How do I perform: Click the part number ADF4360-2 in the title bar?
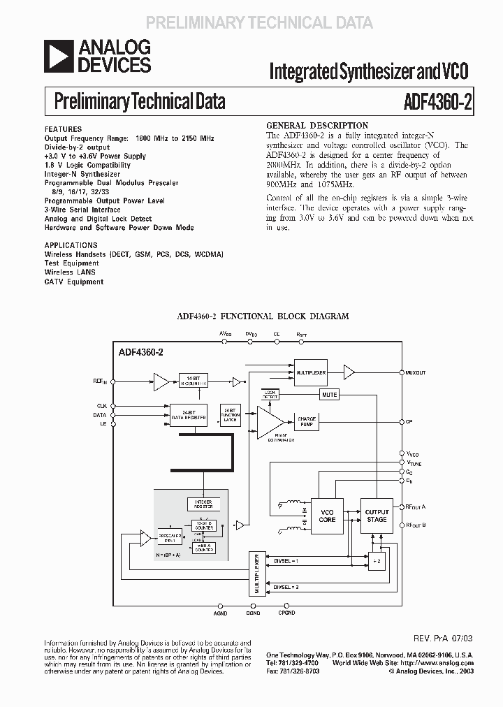pyautogui.click(x=438, y=102)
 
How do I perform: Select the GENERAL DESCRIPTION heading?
pyautogui.click(x=318, y=126)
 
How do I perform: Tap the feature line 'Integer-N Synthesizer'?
pyautogui.click(x=82, y=174)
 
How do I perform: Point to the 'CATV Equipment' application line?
pyautogui.click(x=74, y=282)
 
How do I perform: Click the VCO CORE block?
pyautogui.click(x=327, y=516)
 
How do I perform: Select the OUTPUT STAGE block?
pyautogui.click(x=377, y=516)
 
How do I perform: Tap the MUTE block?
pyautogui.click(x=330, y=395)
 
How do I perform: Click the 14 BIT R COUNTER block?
pyautogui.click(x=189, y=381)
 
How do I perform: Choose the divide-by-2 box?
pyautogui.click(x=377, y=562)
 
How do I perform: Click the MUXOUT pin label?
pyautogui.click(x=416, y=373)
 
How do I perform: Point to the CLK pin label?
pyautogui.click(x=102, y=405)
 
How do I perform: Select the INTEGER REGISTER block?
pyautogui.click(x=204, y=504)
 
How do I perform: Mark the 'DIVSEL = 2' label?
pyautogui.click(x=286, y=587)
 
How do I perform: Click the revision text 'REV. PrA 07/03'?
pyautogui.click(x=443, y=638)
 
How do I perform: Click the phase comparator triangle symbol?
pyautogui.click(x=270, y=423)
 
